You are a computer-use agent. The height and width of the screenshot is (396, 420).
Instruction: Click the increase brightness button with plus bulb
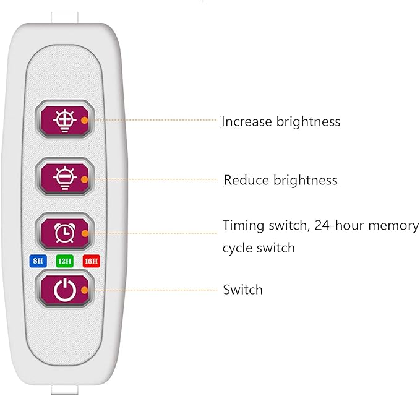pyautogui.click(x=64, y=120)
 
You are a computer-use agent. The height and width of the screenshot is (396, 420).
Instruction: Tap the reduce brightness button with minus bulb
pyautogui.click(x=64, y=178)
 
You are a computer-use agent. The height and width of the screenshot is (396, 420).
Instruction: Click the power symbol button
pyautogui.click(x=64, y=289)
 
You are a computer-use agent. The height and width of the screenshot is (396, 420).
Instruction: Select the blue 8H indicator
pyautogui.click(x=38, y=261)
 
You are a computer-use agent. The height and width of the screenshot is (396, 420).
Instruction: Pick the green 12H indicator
pyautogui.click(x=64, y=261)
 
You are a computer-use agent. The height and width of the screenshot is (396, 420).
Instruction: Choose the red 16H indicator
pyautogui.click(x=92, y=261)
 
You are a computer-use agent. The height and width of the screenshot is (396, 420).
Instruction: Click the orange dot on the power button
pyautogui.click(x=85, y=290)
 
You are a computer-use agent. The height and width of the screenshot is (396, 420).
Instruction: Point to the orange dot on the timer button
pyautogui.click(x=85, y=233)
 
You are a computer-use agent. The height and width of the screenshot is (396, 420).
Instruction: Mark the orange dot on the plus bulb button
pyautogui.click(x=85, y=120)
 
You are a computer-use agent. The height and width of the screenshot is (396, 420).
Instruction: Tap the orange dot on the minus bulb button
pyautogui.click(x=85, y=179)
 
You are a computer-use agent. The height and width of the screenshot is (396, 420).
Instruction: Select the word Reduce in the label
pyautogui.click(x=246, y=180)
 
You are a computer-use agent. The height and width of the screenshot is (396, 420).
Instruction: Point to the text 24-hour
pyautogui.click(x=339, y=225)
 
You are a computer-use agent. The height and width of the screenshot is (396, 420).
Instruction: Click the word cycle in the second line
pyautogui.click(x=238, y=248)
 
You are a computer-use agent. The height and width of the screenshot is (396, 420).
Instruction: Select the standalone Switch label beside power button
pyautogui.click(x=242, y=290)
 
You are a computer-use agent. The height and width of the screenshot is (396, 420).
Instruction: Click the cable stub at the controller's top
pyautogui.click(x=64, y=18)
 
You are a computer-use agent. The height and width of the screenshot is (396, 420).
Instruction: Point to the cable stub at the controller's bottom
pyautogui.click(x=64, y=390)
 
